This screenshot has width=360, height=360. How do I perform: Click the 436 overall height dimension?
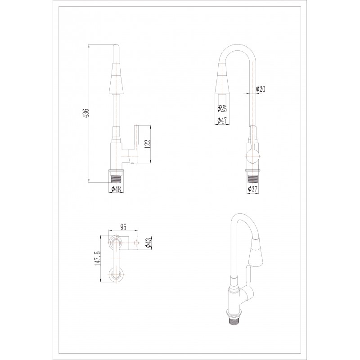coord(87,113)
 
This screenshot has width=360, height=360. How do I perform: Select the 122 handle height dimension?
coord(148,144)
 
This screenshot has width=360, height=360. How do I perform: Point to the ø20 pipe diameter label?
coord(261,89)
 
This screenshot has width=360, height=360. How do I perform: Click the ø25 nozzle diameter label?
coord(222,108)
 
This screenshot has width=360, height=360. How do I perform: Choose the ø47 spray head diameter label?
coord(222,120)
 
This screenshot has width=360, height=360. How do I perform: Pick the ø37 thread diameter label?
coord(252,189)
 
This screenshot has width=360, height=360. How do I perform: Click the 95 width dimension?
coord(123,227)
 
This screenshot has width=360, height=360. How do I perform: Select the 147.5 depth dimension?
coord(97,258)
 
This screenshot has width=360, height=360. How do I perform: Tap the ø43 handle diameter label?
coord(148,243)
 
